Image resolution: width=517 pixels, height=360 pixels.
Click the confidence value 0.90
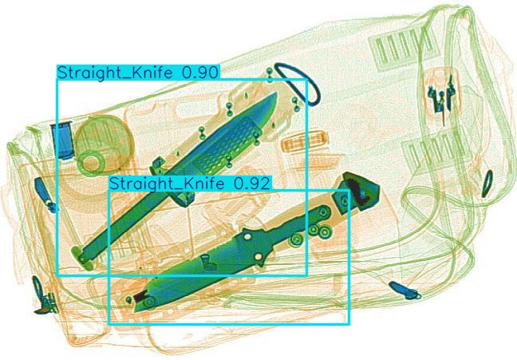tap(200, 73)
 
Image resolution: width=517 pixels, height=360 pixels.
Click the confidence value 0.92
tap(252, 184)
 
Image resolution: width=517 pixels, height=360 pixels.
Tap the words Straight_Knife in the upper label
tap(115, 73)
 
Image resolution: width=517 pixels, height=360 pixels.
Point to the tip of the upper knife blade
tap(276, 93)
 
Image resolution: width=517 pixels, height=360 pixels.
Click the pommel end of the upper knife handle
tap(81, 256)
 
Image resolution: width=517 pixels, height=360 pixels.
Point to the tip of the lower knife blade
tap(135, 311)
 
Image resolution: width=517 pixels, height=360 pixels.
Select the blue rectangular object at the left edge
tap(62, 140)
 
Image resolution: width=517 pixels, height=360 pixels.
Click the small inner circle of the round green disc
tap(92, 163)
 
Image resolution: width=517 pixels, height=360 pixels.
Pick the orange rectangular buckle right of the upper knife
tap(304, 143)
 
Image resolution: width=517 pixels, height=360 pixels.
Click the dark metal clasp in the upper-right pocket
tap(441, 96)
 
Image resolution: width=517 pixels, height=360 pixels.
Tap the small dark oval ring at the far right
tap(487, 184)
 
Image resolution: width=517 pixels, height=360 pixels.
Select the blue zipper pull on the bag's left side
tap(45, 194)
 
